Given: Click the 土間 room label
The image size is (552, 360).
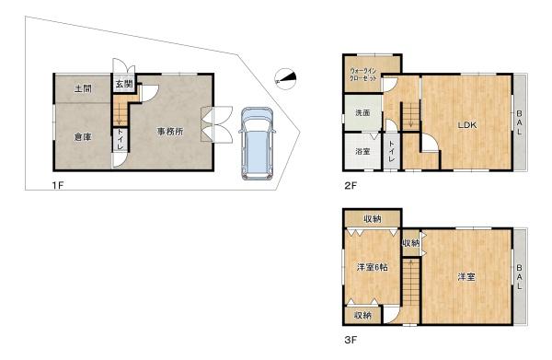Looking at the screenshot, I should pos(83,89).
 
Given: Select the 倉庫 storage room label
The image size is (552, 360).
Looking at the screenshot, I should pos(83,137).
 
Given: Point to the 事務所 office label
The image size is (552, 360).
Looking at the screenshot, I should pos(169,131).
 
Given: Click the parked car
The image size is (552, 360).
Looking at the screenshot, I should pos(255,145).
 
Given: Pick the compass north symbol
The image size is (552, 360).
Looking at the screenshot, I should pos(286,77).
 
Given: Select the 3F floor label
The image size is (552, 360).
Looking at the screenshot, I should pos(351,338).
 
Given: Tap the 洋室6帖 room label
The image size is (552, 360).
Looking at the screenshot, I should pos(374,268).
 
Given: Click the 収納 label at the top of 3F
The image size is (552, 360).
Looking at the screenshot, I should pos(372,219).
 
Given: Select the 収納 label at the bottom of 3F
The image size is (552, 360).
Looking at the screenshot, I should pos(362,316).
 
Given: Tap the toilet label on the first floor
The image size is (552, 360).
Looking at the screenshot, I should pos(121,141).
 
